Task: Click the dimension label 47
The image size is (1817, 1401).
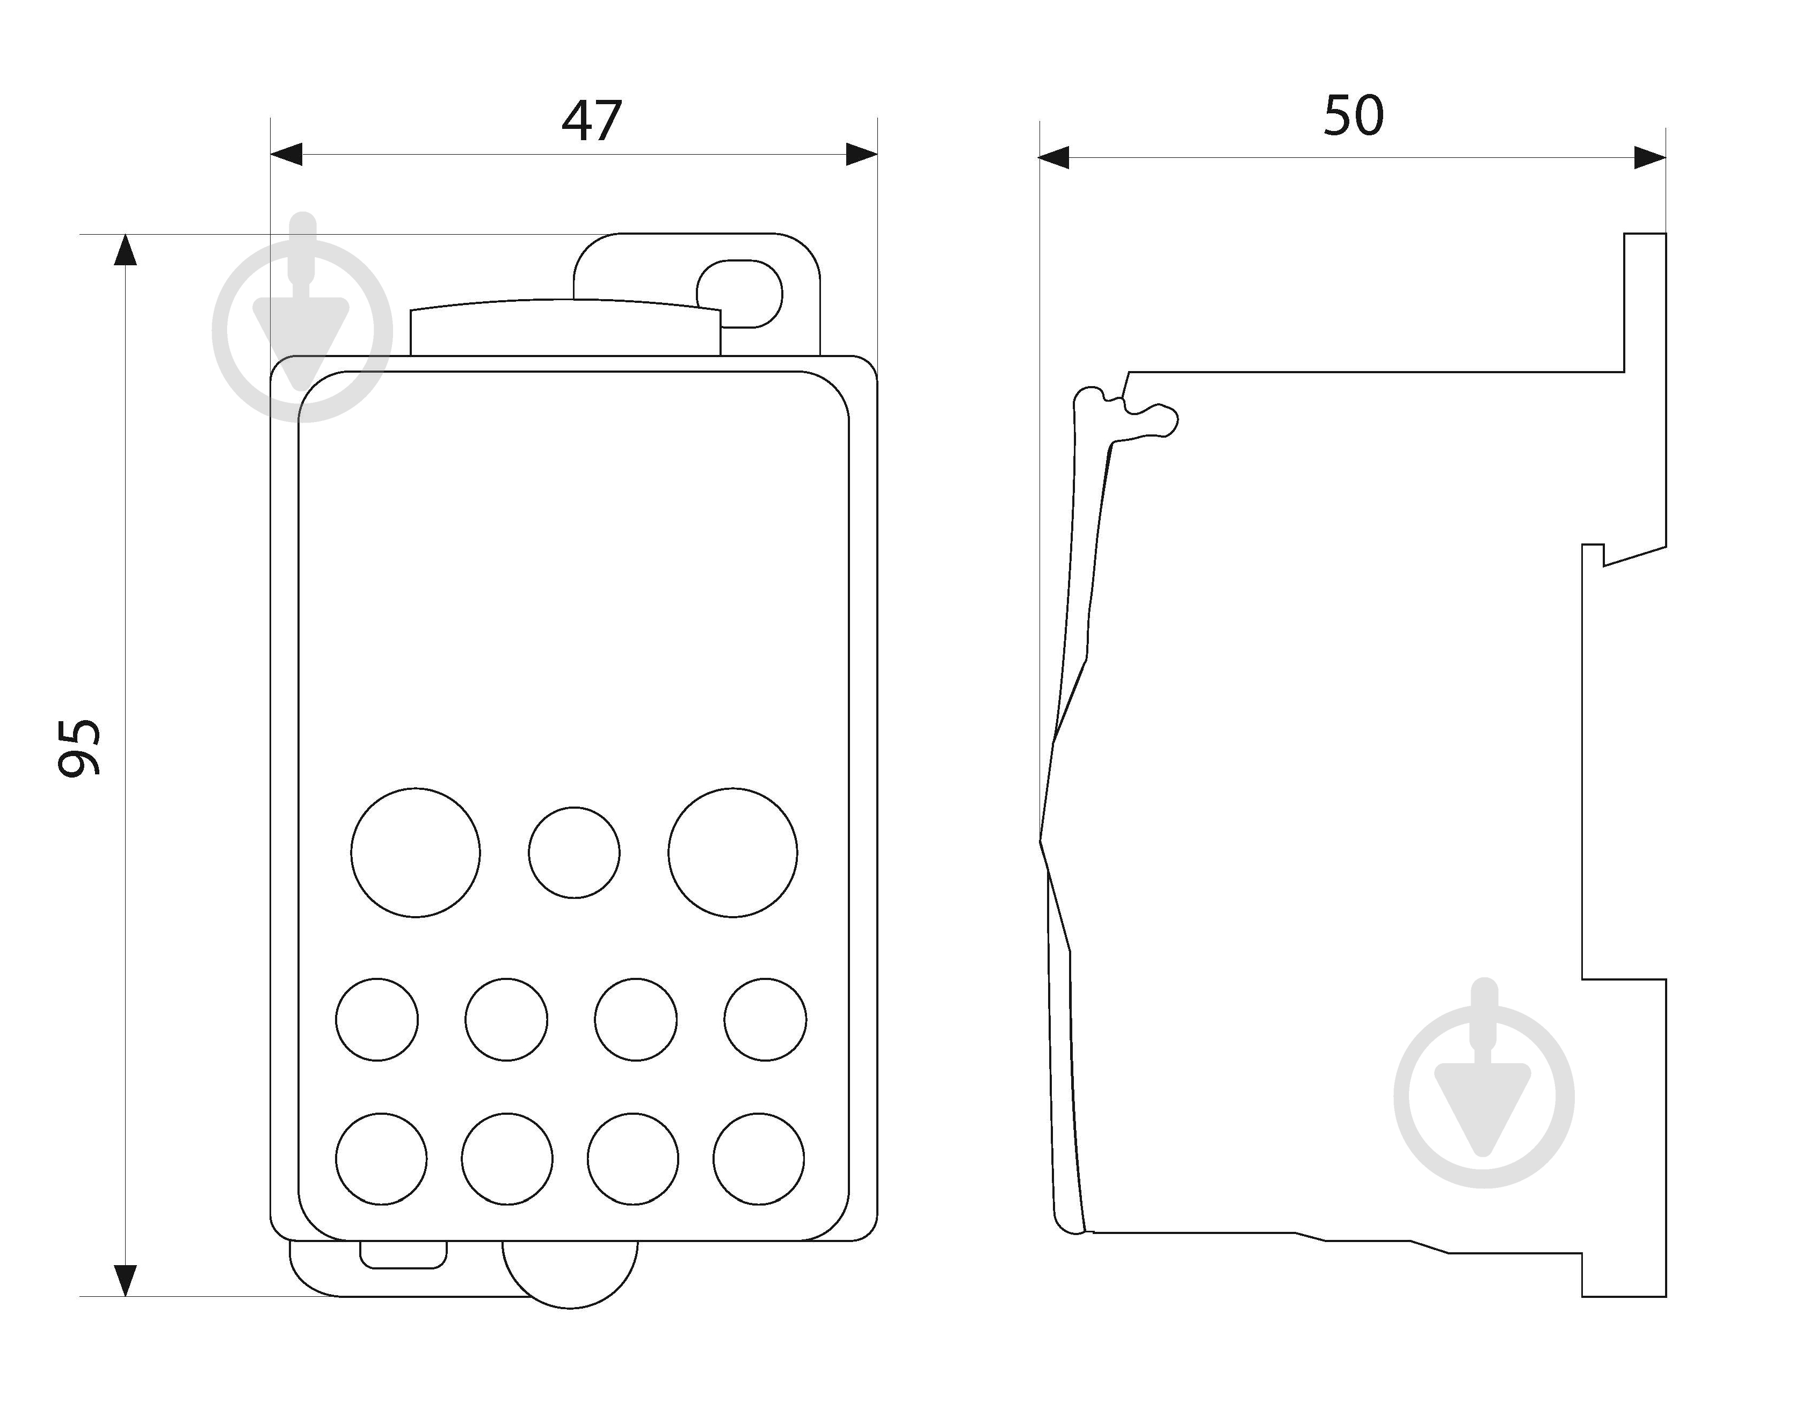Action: (x=592, y=121)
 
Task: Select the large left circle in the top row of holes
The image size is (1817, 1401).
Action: (x=415, y=853)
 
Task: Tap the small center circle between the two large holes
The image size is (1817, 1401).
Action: (x=574, y=853)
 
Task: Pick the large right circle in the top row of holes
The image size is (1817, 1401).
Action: (x=733, y=853)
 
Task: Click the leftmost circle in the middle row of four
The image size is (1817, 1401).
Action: (x=377, y=1020)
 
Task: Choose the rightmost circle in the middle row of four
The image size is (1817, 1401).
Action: (x=765, y=1020)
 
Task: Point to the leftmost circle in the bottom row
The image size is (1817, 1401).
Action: (x=381, y=1159)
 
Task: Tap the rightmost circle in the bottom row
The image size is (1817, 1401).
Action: (x=759, y=1159)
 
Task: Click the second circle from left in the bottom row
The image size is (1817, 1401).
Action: (x=507, y=1159)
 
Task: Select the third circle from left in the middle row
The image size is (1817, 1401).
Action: (x=636, y=1020)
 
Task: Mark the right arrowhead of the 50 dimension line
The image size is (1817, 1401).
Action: (x=1651, y=157)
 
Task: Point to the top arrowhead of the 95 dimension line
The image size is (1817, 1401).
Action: (x=125, y=250)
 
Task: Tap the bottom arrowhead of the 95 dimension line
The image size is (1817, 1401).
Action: (x=125, y=1280)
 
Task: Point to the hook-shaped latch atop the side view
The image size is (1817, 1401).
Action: (x=1125, y=412)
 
